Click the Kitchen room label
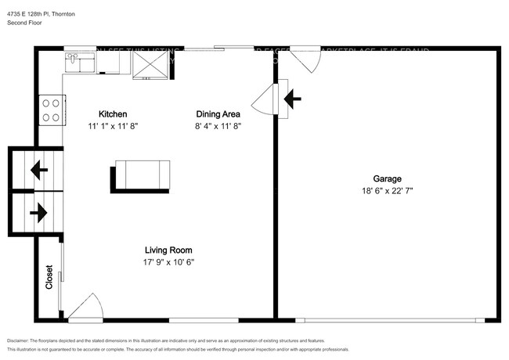coord(112,113)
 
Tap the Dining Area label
coord(217,113)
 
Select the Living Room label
coord(168,250)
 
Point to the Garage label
coord(388,178)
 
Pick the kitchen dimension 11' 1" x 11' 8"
coord(112,125)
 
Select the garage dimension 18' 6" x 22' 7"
coord(388,190)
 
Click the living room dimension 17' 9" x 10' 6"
coord(168,262)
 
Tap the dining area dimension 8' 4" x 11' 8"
coord(217,125)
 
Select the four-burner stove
coord(51,110)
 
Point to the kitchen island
coord(142,173)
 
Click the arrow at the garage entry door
coord(293,99)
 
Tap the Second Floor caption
coord(23,23)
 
